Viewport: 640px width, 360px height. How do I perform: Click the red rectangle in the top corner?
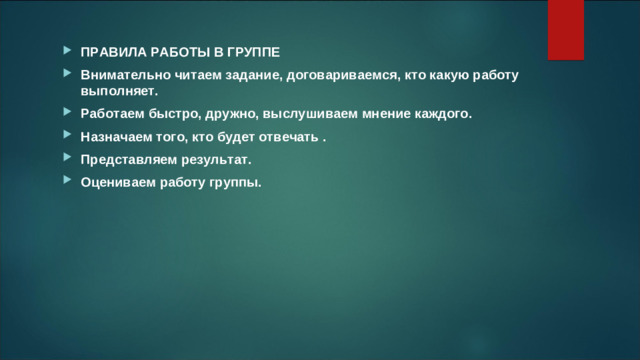pyautogui.click(x=566, y=28)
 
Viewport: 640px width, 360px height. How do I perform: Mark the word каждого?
pyautogui.click(x=439, y=115)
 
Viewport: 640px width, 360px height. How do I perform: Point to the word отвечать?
pyautogui.click(x=287, y=137)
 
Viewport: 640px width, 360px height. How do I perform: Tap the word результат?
pyautogui.click(x=216, y=159)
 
